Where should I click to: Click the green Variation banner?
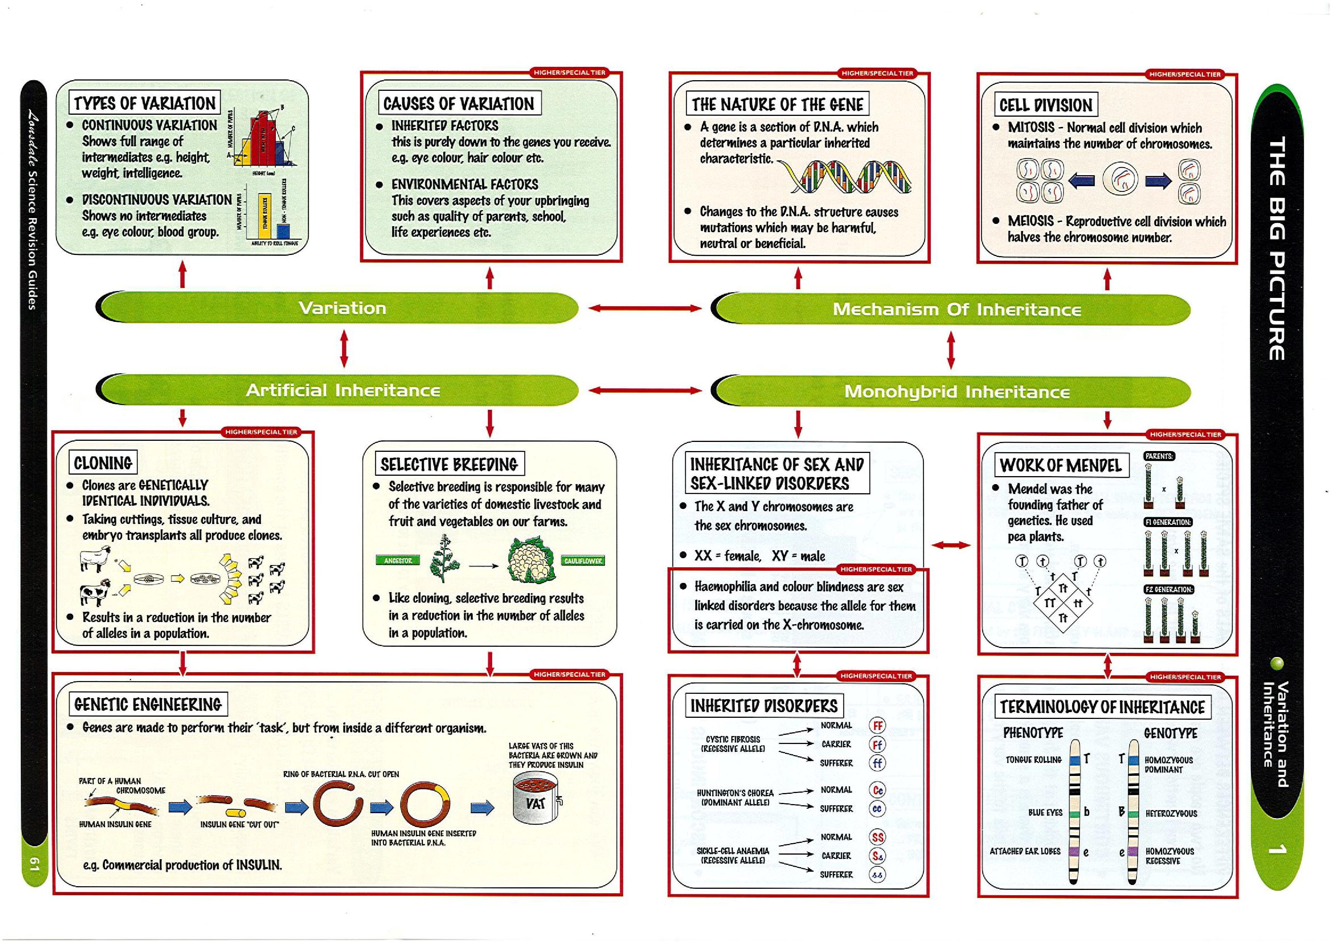click(x=342, y=308)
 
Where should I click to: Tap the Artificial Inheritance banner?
click(x=342, y=390)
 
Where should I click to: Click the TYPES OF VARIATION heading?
click(x=144, y=103)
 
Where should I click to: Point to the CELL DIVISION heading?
click(x=1045, y=105)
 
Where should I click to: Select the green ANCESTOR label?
click(x=398, y=560)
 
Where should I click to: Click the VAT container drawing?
click(x=535, y=800)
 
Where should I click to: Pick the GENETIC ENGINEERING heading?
click(x=148, y=705)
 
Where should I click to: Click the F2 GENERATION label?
click(x=1168, y=589)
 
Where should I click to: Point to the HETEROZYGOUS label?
click(x=1171, y=814)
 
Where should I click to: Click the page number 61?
click(x=34, y=864)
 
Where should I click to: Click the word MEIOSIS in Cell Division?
click(x=1031, y=221)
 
